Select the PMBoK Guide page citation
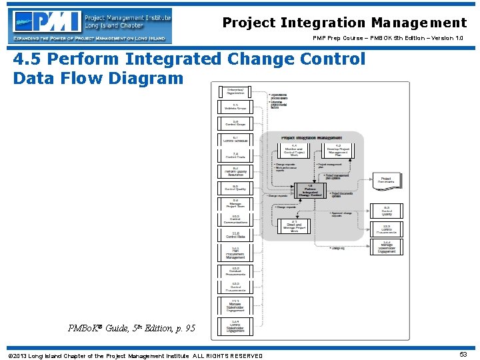[131, 327]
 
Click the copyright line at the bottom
[135, 355]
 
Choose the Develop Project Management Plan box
[338, 151]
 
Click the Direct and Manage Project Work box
[294, 227]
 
